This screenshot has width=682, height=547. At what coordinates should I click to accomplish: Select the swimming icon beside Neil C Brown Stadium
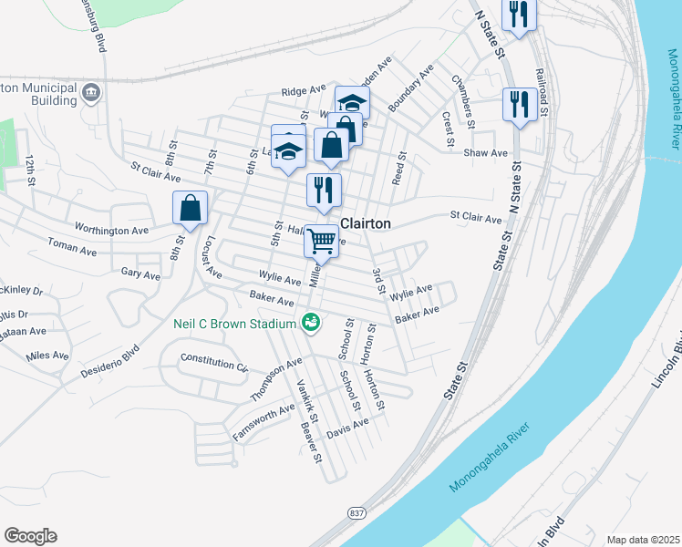(310, 322)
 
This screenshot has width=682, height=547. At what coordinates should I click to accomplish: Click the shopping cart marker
(321, 241)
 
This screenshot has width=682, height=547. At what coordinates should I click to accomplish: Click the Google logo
(30, 536)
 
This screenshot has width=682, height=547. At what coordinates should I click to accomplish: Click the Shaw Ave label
(486, 153)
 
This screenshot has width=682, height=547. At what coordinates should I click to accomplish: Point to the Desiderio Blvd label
(109, 362)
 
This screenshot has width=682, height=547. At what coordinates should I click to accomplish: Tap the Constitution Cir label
(214, 363)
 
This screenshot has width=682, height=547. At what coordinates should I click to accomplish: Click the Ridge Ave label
(304, 91)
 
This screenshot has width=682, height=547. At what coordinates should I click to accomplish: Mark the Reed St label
(398, 167)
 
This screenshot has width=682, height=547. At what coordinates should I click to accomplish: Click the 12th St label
(30, 170)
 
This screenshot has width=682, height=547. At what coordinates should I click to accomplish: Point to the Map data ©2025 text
(642, 540)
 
